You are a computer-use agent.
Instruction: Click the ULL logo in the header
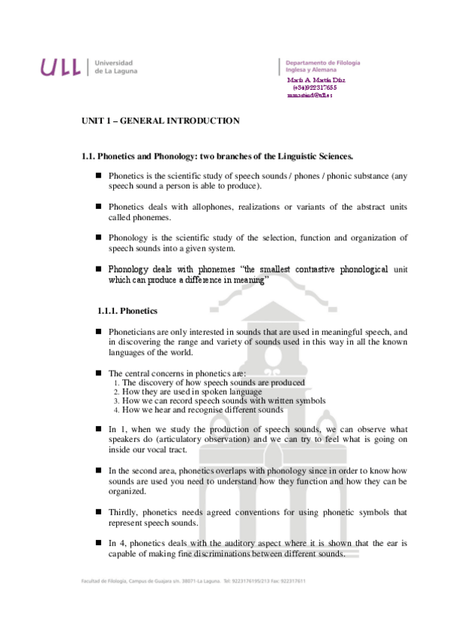pyautogui.click(x=60, y=67)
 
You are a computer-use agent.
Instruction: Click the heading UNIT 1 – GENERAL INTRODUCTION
pyautogui.click(x=160, y=121)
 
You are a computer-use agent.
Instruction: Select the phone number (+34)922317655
pyautogui.click(x=316, y=88)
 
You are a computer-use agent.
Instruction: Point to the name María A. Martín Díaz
pyautogui.click(x=316, y=79)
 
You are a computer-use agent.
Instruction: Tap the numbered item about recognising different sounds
pyautogui.click(x=202, y=410)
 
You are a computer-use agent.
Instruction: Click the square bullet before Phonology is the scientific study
pyautogui.click(x=97, y=237)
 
